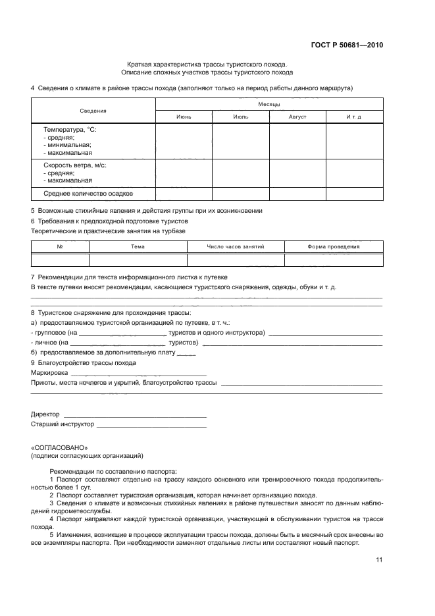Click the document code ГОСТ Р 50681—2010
(347, 45)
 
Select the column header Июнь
(184, 117)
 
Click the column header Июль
(240, 117)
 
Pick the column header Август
(297, 117)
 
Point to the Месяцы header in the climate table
(269, 104)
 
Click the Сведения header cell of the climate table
(93, 111)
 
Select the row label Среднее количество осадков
(88, 194)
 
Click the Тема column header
(138, 246)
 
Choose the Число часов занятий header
(235, 246)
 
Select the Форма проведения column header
(333, 246)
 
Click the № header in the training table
(60, 246)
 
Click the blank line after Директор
(134, 414)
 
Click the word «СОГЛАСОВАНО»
(59, 447)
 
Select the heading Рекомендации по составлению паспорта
(113, 472)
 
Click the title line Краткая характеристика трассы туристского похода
(207, 64)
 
